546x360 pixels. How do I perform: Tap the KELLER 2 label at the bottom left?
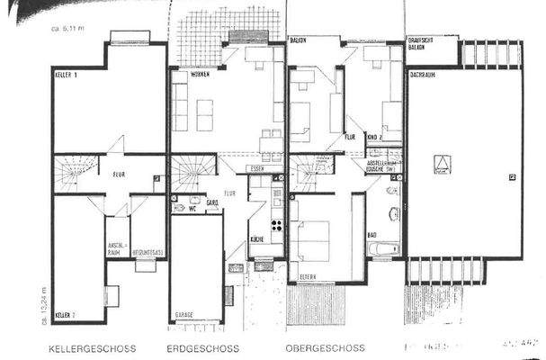pos(64,316)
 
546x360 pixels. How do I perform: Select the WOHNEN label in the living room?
pos(188,74)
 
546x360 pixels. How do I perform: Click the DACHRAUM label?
pos(424,76)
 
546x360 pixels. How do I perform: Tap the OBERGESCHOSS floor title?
pos(325,347)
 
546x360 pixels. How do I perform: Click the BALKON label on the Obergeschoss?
pos(300,41)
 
